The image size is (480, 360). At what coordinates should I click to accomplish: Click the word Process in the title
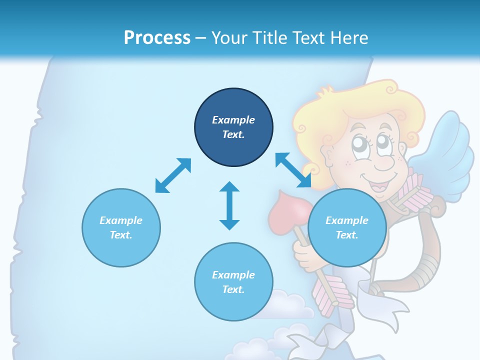pyautogui.click(x=157, y=38)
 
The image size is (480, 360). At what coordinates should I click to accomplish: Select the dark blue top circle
pyautogui.click(x=233, y=127)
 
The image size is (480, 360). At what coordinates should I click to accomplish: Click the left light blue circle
pyautogui.click(x=121, y=227)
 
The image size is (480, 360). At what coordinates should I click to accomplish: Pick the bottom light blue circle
pyautogui.click(x=233, y=282)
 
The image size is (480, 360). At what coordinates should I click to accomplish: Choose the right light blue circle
pyautogui.click(x=347, y=227)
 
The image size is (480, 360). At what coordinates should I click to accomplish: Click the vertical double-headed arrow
pyautogui.click(x=229, y=205)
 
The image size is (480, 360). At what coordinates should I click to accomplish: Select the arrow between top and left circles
pyautogui.click(x=173, y=175)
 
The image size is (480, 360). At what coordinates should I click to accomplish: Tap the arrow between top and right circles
pyautogui.click(x=293, y=170)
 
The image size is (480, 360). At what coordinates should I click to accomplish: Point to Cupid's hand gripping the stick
pyautogui.click(x=304, y=253)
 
